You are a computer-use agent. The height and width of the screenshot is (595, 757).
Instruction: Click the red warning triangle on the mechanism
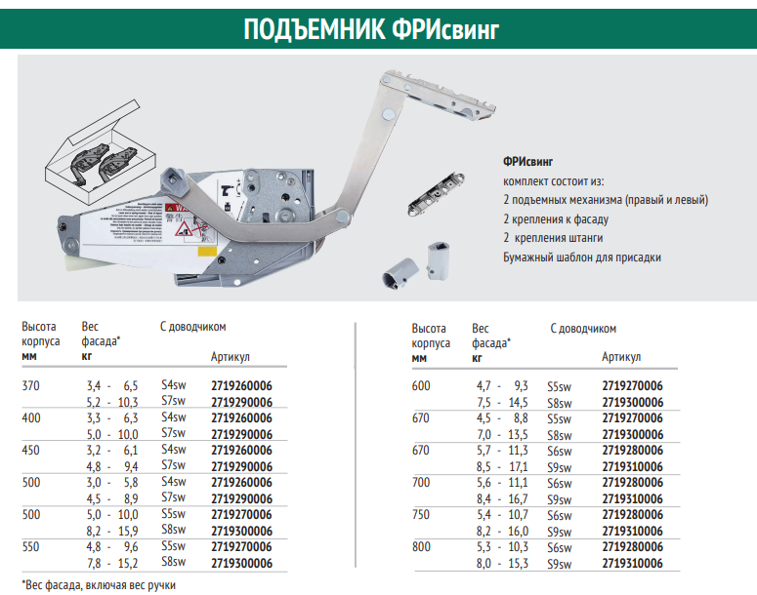pyautogui.click(x=183, y=229)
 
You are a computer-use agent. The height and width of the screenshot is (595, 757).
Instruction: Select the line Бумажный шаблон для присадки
pyautogui.click(x=582, y=258)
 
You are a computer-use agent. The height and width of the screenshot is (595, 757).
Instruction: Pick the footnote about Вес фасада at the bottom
pyautogui.click(x=100, y=584)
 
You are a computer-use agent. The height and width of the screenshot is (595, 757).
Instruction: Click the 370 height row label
pyautogui.click(x=31, y=386)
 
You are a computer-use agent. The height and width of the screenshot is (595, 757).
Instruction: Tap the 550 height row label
pyautogui.click(x=31, y=547)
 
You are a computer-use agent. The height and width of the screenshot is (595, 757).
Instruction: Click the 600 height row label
pyautogui.click(x=422, y=386)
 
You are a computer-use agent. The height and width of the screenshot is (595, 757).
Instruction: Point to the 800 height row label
pyautogui.click(x=422, y=547)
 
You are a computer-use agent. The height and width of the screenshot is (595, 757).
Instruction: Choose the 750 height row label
pyautogui.click(x=422, y=515)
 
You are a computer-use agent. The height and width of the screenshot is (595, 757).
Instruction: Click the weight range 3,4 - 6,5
pyautogui.click(x=112, y=386)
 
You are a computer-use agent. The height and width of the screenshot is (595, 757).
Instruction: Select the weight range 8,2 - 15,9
pyautogui.click(x=112, y=531)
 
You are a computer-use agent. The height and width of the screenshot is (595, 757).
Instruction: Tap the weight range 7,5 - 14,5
pyautogui.click(x=502, y=402)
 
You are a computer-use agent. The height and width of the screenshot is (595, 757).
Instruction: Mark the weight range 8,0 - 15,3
pyautogui.click(x=502, y=563)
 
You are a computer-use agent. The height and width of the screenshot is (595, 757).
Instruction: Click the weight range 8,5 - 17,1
pyautogui.click(x=502, y=466)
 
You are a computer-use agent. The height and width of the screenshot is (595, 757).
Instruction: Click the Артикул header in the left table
pyautogui.click(x=231, y=358)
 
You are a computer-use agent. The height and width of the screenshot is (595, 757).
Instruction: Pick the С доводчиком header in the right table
pyautogui.click(x=582, y=329)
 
